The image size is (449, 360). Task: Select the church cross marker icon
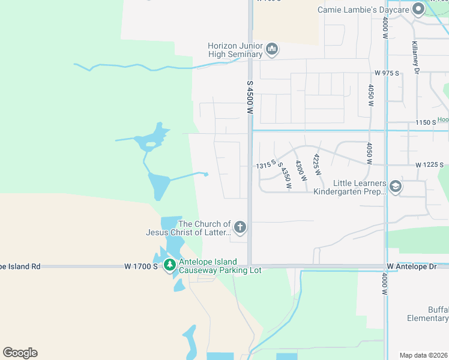pyautogui.click(x=240, y=227)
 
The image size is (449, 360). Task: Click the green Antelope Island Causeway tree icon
pyautogui.click(x=170, y=265)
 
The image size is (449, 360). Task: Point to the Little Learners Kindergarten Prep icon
pyautogui.click(x=396, y=187)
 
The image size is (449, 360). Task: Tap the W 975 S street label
pyautogui.click(x=387, y=73)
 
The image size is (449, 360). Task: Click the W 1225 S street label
pyautogui.click(x=429, y=165)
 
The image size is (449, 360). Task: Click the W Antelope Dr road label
pyautogui.click(x=415, y=266)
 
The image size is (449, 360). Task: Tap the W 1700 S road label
pyautogui.click(x=141, y=265)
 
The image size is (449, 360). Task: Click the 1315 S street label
pyautogui.click(x=265, y=163)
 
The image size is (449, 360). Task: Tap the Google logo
pyautogui.click(x=20, y=353)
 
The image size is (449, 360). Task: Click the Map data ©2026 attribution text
pyautogui.click(x=424, y=355)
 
